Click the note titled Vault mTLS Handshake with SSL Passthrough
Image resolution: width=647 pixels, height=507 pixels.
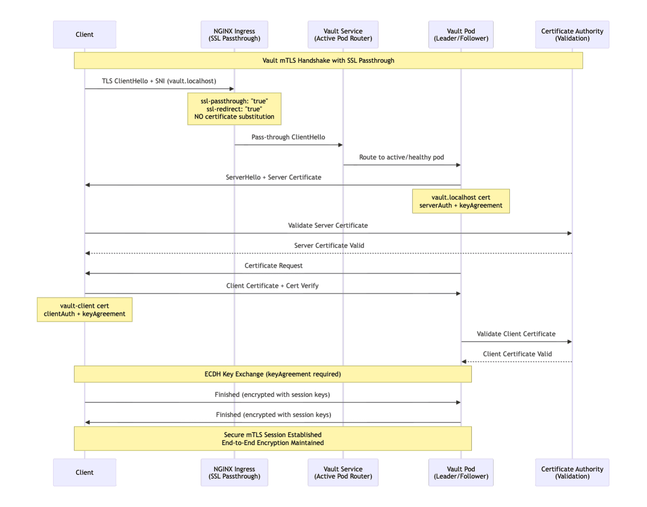(328, 61)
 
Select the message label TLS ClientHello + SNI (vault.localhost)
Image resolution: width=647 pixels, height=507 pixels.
(159, 81)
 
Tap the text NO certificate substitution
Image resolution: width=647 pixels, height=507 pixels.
(234, 117)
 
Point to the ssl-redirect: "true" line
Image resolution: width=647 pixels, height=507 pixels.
(234, 109)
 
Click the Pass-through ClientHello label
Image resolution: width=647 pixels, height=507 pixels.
(288, 137)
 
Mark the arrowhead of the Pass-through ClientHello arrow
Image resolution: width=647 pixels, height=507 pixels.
(340, 145)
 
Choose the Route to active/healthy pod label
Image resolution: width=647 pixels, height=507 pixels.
(401, 157)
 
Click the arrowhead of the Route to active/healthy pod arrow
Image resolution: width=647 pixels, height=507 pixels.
(458, 165)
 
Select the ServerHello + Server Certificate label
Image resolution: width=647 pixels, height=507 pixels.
(273, 177)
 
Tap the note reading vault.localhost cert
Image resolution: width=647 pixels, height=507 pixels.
(461, 197)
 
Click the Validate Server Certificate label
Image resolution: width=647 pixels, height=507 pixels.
(328, 225)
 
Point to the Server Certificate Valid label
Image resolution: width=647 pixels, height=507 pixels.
(329, 246)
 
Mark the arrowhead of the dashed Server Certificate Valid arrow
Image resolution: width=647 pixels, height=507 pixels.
(88, 253)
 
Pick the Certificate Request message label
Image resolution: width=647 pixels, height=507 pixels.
(273, 266)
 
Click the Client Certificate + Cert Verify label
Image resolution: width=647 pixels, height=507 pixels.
(272, 286)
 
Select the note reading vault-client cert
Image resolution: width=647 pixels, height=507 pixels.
(84, 306)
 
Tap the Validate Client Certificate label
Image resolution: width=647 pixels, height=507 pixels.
(516, 334)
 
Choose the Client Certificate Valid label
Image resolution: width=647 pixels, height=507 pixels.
(517, 354)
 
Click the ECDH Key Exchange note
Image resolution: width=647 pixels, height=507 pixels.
(273, 374)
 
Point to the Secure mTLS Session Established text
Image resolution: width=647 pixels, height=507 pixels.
(273, 435)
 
